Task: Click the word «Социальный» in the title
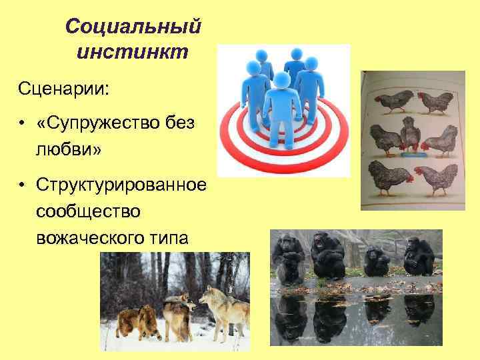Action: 133,27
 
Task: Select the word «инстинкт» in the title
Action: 133,51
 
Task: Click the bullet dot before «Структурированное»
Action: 22,185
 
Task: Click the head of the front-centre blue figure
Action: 283,81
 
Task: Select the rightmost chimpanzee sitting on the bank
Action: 418,257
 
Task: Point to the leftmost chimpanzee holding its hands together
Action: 288,257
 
